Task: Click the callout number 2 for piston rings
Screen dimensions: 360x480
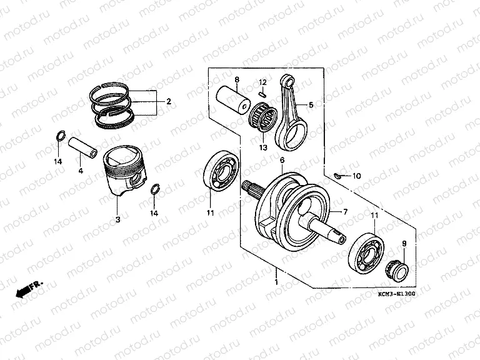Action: pos(168,101)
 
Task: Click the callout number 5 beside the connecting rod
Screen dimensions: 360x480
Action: pos(311,104)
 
